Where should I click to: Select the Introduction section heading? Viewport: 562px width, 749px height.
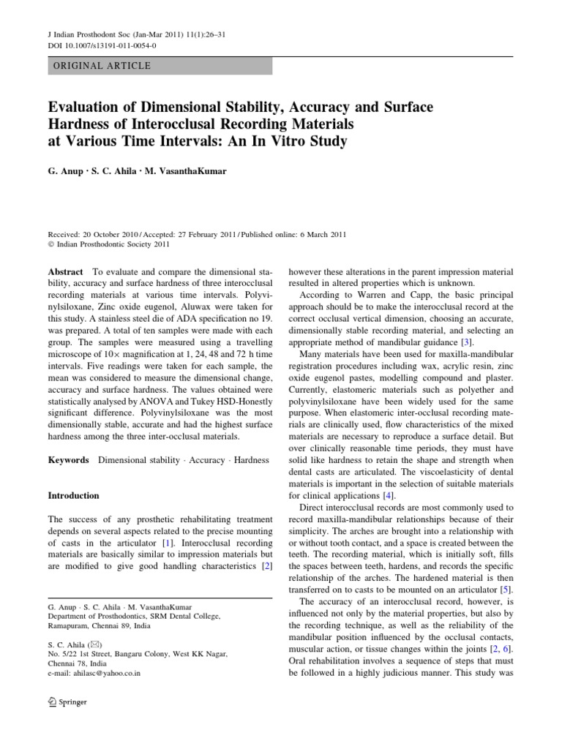(x=73, y=495)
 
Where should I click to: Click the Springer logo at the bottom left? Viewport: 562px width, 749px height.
(x=67, y=702)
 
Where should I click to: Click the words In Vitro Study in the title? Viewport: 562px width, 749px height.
(x=286, y=142)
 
